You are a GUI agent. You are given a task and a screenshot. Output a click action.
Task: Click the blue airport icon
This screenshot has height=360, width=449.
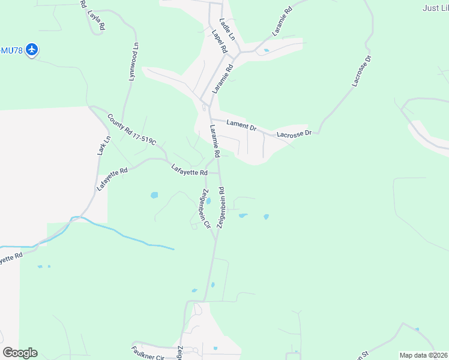coord(32,50)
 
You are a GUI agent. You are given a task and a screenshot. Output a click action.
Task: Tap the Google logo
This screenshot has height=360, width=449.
coord(20,352)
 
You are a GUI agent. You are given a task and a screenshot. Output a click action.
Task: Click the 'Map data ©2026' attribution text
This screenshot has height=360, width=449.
coord(423,355)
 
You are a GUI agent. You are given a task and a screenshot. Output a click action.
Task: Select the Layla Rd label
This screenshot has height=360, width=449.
coord(96,20)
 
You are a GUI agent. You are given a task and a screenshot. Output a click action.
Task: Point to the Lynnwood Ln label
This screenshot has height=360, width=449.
coord(133,62)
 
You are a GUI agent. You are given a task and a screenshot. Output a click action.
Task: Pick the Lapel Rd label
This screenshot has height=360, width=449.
coord(218,41)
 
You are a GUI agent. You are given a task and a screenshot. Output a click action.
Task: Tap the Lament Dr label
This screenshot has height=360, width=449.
coord(241,125)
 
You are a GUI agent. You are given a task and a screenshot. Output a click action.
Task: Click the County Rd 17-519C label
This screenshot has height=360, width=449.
coord(131,129)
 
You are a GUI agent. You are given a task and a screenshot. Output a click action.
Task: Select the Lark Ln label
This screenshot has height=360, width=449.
coord(104,146)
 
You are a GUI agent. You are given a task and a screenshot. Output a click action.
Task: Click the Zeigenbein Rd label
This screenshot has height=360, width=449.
coord(221,206)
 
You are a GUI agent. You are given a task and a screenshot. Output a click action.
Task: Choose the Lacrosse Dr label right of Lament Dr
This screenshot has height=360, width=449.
coord(294,133)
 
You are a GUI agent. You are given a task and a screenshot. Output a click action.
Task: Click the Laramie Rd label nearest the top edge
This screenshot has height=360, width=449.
coord(282,22)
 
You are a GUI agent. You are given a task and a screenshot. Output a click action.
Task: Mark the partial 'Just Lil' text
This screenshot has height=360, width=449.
coord(435,8)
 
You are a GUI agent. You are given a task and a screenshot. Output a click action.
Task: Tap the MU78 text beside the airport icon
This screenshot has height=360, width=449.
coord(12,50)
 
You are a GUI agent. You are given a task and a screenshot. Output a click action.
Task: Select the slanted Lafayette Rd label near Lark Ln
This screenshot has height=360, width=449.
coord(112,179)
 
